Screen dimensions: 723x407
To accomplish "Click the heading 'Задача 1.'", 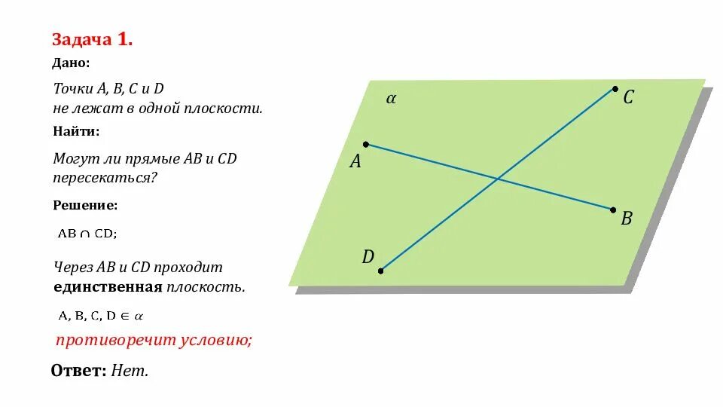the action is tap(93, 40).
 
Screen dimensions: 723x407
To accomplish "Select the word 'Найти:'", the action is tap(76, 131).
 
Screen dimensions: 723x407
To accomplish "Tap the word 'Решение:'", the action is tap(85, 205).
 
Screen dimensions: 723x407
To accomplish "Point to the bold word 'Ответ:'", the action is tap(78, 371).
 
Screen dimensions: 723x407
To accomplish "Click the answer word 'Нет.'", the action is tap(130, 371).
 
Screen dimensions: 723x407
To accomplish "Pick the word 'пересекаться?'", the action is tap(105, 179).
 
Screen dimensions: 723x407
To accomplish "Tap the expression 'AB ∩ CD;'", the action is tap(88, 234).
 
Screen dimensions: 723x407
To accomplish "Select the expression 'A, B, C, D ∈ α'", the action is tap(101, 316).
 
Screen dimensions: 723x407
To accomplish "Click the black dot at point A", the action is tap(365, 144).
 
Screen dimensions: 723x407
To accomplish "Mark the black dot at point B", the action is tap(613, 210).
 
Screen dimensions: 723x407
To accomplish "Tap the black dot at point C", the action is tap(615, 89).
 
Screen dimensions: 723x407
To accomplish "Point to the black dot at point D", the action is tap(381, 270).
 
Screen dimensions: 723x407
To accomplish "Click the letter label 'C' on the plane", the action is tap(628, 97).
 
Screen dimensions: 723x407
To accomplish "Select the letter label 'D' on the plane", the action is tap(368, 257).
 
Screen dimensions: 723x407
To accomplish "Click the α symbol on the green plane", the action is tap(391, 98).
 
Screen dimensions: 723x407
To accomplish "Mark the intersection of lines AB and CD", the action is tap(497, 179).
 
